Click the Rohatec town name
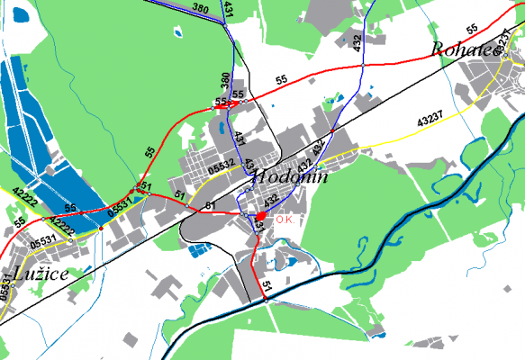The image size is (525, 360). tap(465, 49)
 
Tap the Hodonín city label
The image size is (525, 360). tap(290, 177)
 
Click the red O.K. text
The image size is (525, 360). tap(286, 219)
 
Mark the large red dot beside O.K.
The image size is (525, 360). tap(260, 217)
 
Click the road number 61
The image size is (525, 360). tap(210, 207)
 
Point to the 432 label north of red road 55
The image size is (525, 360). tap(358, 44)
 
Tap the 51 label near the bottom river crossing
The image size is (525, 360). tap(267, 286)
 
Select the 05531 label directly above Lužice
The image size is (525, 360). tap(42, 241)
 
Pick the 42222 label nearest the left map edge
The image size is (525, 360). tap(23, 193)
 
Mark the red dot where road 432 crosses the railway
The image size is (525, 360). tap(332, 131)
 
